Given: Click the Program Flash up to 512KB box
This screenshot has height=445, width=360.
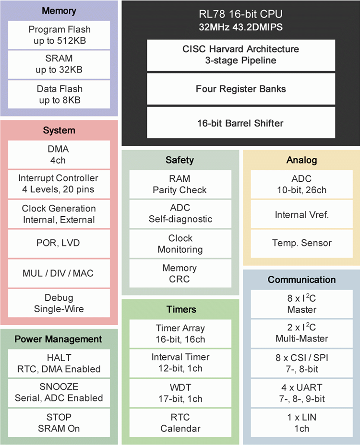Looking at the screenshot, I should (x=60, y=35).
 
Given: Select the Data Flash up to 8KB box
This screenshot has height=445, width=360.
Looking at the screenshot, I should (x=60, y=94).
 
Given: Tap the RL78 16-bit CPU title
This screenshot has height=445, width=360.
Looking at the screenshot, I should (x=241, y=15).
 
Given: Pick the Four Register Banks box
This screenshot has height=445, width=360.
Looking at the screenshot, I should (x=241, y=89).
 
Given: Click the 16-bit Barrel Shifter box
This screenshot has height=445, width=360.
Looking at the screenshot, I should (x=241, y=123).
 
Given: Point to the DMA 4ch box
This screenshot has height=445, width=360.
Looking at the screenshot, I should (x=59, y=154).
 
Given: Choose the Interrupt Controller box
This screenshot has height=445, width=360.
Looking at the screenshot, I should (x=59, y=184).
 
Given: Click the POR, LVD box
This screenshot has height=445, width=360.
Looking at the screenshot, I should (x=59, y=243).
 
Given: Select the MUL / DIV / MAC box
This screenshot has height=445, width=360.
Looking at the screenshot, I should (x=59, y=273).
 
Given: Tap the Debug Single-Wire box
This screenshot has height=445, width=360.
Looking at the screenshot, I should (x=59, y=303).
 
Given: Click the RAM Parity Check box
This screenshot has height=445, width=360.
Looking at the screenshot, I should (x=180, y=184).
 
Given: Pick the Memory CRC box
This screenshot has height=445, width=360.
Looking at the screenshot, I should (x=180, y=273).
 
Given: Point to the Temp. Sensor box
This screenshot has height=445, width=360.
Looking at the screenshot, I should (x=302, y=243).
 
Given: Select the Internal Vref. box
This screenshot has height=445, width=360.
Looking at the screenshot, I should (x=302, y=214).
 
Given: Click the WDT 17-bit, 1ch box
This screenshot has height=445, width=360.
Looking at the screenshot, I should (x=180, y=393).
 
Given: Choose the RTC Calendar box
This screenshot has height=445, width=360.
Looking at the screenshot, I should (x=180, y=422).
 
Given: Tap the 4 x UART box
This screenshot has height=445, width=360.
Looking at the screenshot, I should (x=302, y=393).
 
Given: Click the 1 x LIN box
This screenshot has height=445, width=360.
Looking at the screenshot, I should (x=302, y=422).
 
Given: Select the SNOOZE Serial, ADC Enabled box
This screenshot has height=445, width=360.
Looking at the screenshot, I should (x=59, y=392).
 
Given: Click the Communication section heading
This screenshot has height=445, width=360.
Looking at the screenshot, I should (x=302, y=280).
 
